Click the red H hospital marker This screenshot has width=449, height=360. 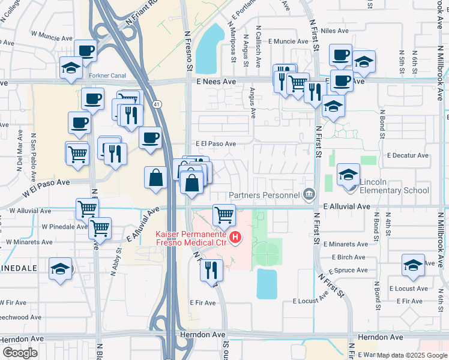[x=235, y=238]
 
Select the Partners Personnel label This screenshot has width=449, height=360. [x=264, y=194]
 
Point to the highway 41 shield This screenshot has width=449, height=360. [x=157, y=104]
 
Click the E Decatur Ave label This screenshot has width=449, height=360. [x=408, y=155]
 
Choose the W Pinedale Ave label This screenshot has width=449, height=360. [x=65, y=227]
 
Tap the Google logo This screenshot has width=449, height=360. [x=20, y=353]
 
